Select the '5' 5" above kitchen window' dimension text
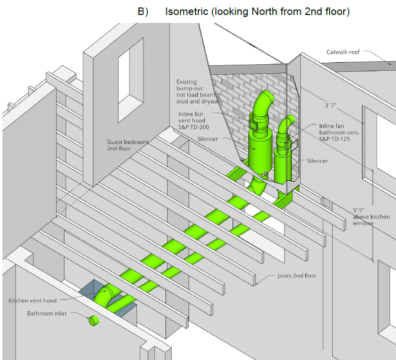pos(371,217)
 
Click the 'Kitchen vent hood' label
pos(32,301)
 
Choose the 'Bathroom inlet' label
pos(46,314)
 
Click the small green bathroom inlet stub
pos(93,321)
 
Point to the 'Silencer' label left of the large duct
pos(208,139)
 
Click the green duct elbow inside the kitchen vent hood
pos(106,296)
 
